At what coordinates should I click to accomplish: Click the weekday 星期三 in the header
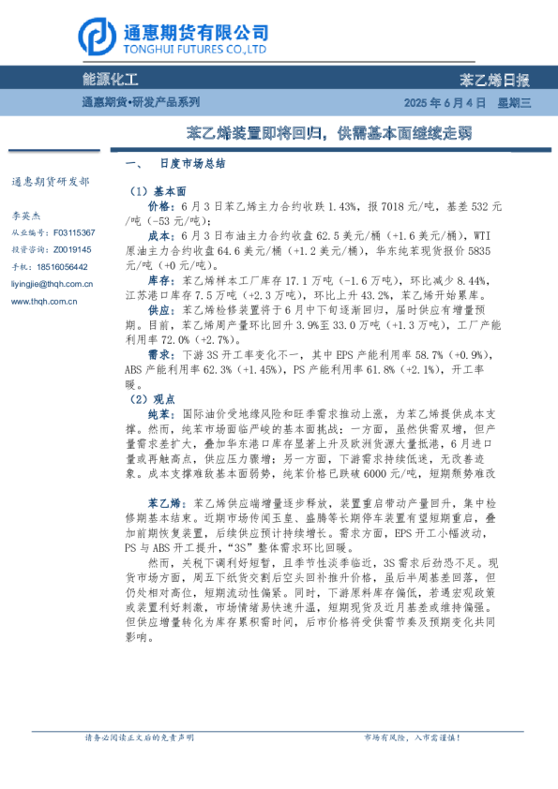[x=514, y=101]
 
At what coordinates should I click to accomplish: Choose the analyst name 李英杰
[x=28, y=214]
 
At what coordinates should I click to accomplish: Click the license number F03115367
[x=73, y=231]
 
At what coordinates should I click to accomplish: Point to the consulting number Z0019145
[x=72, y=249]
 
